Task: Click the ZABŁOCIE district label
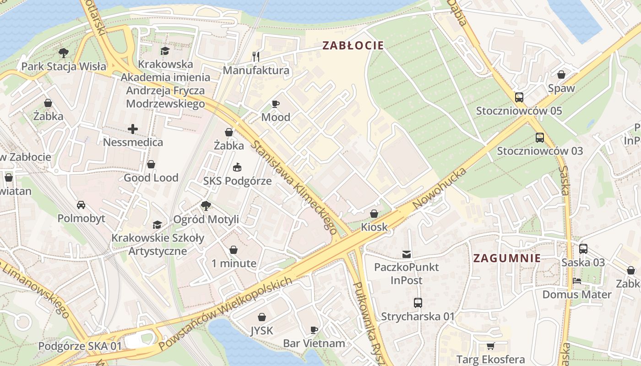tap(353, 45)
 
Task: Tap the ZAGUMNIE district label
tap(507, 258)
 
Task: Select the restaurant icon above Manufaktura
tap(256, 57)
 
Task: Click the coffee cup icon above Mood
tap(276, 104)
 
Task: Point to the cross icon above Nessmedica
tap(133, 129)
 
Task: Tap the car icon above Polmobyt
tap(81, 205)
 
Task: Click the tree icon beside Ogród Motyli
tap(206, 206)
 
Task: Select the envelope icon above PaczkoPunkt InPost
tap(406, 254)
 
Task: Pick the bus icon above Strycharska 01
tap(418, 302)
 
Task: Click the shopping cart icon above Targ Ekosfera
tap(490, 346)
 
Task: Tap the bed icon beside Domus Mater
tap(577, 281)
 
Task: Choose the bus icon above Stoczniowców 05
tap(519, 97)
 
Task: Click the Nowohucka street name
tap(440, 188)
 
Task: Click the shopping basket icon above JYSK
tap(262, 317)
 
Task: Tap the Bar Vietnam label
tap(314, 343)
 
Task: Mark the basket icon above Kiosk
tap(374, 214)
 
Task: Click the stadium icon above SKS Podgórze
tap(237, 167)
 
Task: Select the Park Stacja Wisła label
tap(64, 66)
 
